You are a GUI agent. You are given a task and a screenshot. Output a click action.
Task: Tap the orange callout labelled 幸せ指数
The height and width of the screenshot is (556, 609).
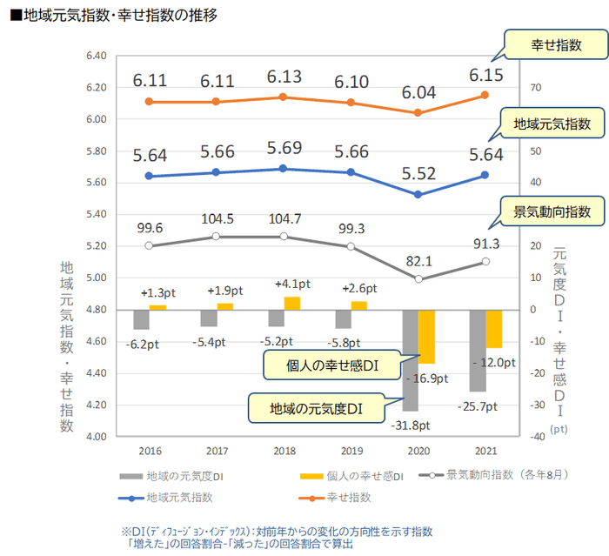tap(556, 46)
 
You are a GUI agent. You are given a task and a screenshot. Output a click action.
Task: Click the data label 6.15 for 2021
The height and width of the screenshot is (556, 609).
tap(485, 76)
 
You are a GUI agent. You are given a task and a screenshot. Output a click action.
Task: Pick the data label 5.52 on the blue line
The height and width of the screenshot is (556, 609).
tap(418, 173)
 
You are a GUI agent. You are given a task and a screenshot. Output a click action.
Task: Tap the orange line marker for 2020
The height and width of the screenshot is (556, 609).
tap(418, 112)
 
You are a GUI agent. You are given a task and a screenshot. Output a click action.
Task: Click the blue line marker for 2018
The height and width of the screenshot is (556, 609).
tap(284, 169)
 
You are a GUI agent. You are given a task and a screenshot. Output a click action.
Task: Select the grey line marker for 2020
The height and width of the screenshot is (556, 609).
tap(418, 279)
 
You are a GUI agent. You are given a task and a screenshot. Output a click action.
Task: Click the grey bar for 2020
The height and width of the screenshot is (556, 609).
tap(410, 360)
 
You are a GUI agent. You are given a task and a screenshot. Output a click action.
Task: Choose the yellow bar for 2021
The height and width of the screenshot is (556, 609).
tap(493, 329)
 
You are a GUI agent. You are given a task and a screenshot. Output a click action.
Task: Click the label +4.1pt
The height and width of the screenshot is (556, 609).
tap(291, 284)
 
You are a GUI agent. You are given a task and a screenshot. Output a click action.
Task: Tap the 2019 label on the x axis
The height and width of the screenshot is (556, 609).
tap(351, 451)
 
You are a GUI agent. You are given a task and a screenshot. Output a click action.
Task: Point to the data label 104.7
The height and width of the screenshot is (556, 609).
tap(285, 218)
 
